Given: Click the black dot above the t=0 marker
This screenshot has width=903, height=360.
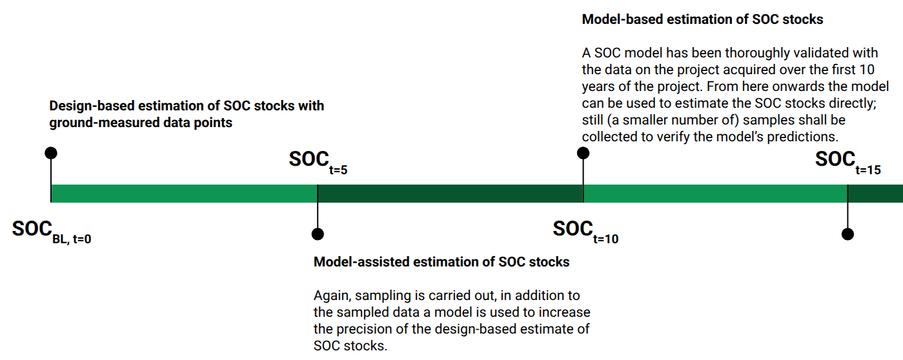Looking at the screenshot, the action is click(x=51, y=153).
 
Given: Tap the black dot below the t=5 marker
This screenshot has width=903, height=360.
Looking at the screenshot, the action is click(x=317, y=234).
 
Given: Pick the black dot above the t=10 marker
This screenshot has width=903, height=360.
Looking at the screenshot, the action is click(x=583, y=153).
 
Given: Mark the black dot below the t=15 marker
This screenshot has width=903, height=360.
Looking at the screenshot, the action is click(x=848, y=234).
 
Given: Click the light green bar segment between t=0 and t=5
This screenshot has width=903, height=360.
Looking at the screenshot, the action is click(x=184, y=194).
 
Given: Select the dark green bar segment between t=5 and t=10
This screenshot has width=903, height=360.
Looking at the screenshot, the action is click(x=450, y=194).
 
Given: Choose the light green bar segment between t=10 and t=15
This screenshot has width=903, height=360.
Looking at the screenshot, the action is click(x=715, y=194).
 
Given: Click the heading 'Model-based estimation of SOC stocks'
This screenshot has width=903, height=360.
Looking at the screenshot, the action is click(x=702, y=19).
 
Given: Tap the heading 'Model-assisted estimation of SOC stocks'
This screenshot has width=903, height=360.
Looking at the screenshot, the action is click(x=441, y=262).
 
